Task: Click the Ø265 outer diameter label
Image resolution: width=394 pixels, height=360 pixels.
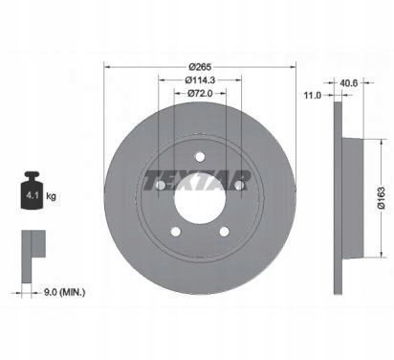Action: [200, 67]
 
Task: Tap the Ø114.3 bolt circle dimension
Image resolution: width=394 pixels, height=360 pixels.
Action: [200, 80]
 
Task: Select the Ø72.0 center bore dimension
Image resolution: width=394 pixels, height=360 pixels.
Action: [200, 93]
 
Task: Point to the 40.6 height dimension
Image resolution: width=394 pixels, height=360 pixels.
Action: [349, 83]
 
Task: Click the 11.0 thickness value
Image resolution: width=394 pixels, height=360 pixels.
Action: [313, 95]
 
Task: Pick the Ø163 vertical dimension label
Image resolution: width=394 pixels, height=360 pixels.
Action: [382, 198]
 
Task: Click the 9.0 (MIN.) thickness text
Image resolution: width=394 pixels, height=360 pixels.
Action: [64, 292]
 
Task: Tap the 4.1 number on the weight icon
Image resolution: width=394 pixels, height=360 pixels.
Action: [33, 195]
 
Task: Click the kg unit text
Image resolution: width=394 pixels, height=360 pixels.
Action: [51, 196]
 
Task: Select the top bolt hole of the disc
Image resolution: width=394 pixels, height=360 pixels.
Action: [200, 157]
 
